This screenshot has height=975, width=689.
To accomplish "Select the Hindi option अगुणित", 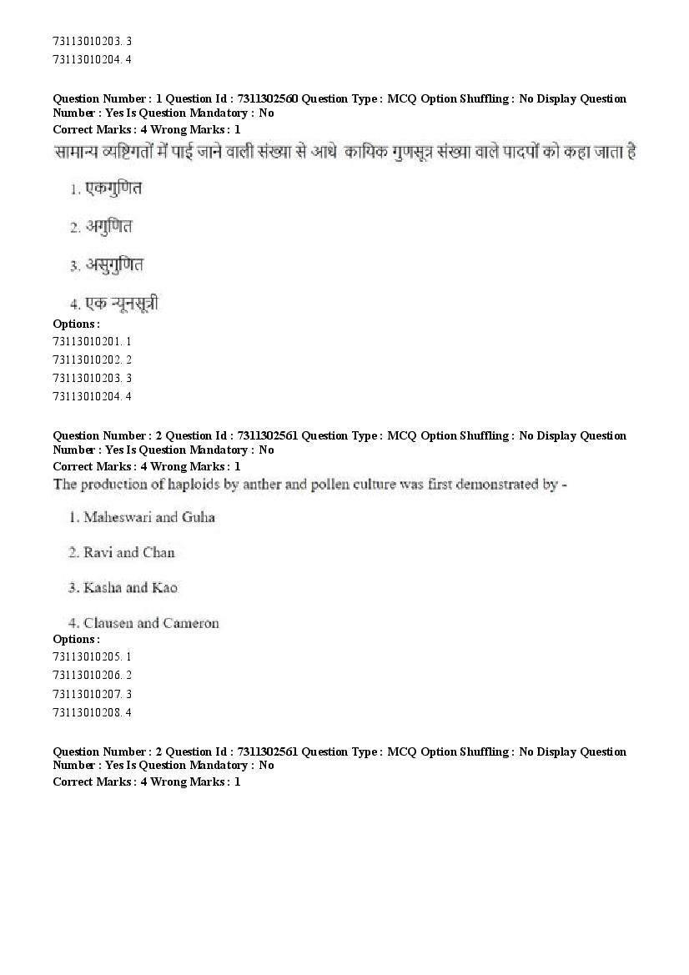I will tap(108, 226).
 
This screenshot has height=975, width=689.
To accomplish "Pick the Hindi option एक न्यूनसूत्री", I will tap(122, 304).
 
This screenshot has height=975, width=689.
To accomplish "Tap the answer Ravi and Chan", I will tap(128, 552).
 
